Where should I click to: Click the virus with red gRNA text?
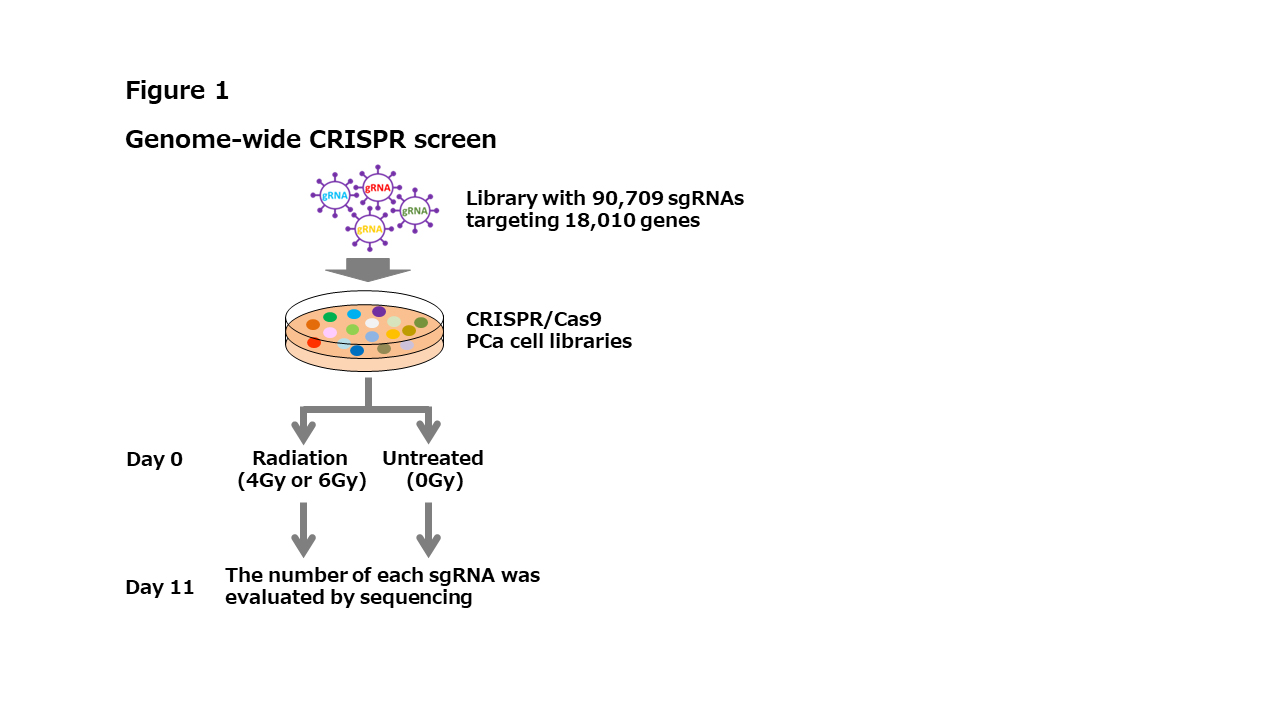(x=378, y=187)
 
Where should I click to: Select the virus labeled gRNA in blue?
(x=335, y=196)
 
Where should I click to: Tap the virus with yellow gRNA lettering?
(x=370, y=229)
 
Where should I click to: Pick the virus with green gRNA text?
(x=415, y=211)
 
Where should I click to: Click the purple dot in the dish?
(x=379, y=312)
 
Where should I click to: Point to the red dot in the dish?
(x=314, y=343)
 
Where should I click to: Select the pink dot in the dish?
(x=330, y=332)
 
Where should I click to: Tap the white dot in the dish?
(x=372, y=323)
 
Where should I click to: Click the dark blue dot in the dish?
(x=357, y=350)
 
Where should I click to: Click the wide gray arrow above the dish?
(x=368, y=270)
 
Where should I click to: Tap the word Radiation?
(x=300, y=458)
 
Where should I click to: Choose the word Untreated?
(x=433, y=458)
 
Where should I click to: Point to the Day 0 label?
(x=154, y=460)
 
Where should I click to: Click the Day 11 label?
(x=160, y=587)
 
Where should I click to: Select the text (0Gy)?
(x=434, y=480)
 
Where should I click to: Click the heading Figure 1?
(x=177, y=91)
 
